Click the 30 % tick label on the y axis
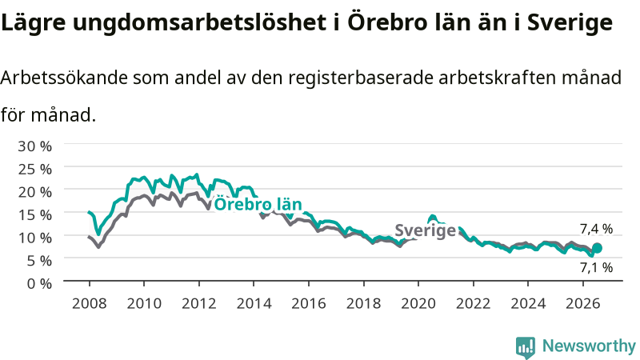click(x=34, y=146)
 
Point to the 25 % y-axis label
click(x=34, y=169)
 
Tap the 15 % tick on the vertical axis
click(x=34, y=214)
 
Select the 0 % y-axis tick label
click(x=39, y=283)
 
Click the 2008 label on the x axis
click(x=89, y=304)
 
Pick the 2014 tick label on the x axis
click(x=254, y=304)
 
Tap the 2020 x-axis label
click(x=418, y=304)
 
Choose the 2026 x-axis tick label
click(x=583, y=304)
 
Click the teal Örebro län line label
click(x=258, y=204)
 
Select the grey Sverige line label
click(x=425, y=230)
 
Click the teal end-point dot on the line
click(x=597, y=248)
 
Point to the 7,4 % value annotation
click(x=596, y=229)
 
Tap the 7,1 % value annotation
click(x=596, y=268)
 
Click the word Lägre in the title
click(x=34, y=22)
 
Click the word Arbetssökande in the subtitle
click(x=64, y=77)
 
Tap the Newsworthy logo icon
click(x=526, y=346)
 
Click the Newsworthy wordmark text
click(x=589, y=346)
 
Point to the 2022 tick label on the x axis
click(x=473, y=304)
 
